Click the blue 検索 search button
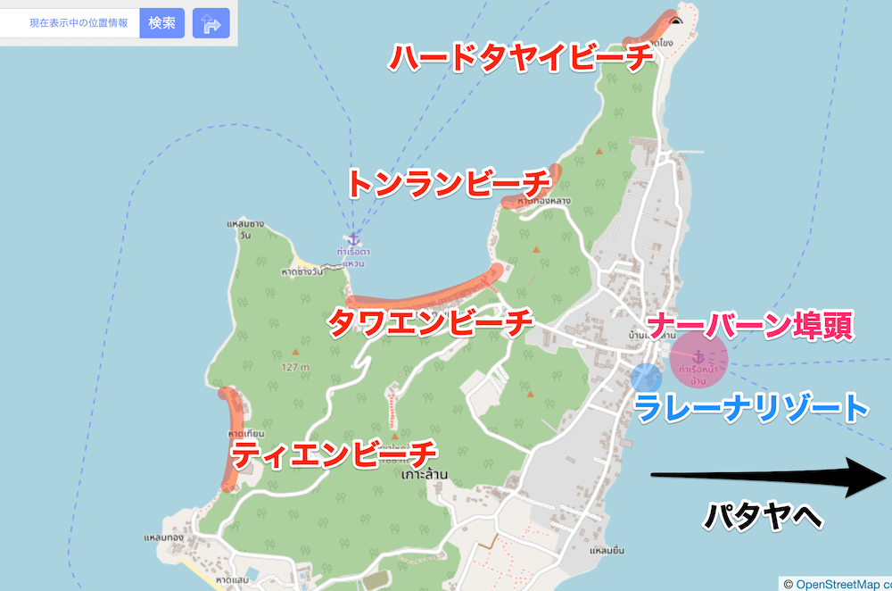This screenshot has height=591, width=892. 161,23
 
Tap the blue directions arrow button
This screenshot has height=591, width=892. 211,23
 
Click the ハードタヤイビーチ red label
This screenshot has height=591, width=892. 521,58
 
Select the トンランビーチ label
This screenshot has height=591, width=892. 449,184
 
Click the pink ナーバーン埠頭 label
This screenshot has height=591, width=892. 750,326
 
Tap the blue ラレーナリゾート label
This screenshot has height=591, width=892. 751,408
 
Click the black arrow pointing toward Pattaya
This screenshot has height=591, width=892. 767,476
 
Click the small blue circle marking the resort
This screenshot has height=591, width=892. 645,377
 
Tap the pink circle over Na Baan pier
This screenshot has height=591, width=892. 699,359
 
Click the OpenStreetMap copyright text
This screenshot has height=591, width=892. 837,584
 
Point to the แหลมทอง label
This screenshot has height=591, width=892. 162,539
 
